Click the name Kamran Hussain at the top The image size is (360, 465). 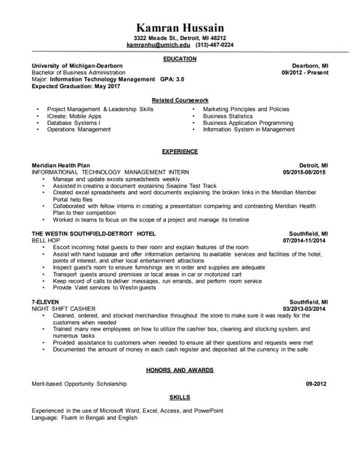coord(180,27)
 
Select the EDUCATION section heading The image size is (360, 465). coord(180,57)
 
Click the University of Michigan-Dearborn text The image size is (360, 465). coord(77,65)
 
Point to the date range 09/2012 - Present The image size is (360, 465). coord(305,73)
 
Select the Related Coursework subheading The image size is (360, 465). coord(180,100)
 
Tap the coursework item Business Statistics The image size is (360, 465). coord(228,116)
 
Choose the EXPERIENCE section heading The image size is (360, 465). coord(180,151)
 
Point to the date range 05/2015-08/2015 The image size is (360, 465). coord(305,172)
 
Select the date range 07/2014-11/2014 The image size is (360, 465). coord(305,240)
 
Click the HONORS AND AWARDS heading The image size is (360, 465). coord(180,370)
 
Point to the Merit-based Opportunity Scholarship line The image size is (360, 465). coord(79,384)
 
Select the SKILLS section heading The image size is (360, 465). coord(180,397)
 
